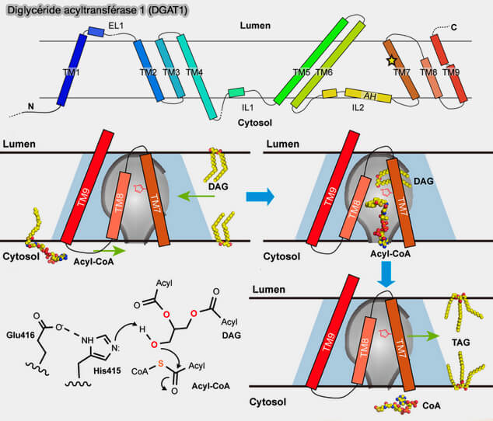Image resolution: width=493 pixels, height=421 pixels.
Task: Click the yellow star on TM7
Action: (x=391, y=60)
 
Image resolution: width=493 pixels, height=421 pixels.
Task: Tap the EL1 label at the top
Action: (x=117, y=26)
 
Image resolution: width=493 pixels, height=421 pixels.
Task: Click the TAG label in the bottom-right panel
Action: (x=461, y=341)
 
